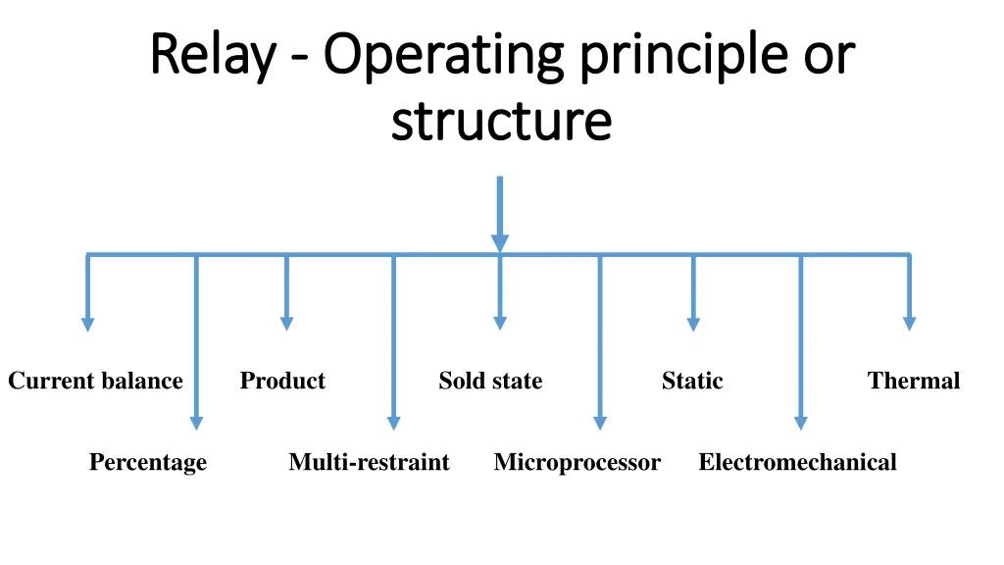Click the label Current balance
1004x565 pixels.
pyautogui.click(x=95, y=381)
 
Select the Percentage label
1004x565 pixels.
pyautogui.click(x=148, y=462)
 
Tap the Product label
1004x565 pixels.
pyautogui.click(x=282, y=381)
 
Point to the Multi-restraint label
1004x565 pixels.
pyautogui.click(x=369, y=462)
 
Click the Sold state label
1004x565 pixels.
pyautogui.click(x=490, y=381)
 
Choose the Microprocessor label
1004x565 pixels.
pyautogui.click(x=577, y=462)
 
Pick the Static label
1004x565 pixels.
pyautogui.click(x=692, y=381)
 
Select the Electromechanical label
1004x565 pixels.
pyautogui.click(x=797, y=462)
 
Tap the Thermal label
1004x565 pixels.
pyautogui.click(x=914, y=381)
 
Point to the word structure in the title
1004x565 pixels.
pyautogui.click(x=501, y=122)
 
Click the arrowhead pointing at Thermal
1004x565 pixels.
pyautogui.click(x=909, y=323)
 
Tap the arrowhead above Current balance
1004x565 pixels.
pyautogui.click(x=88, y=323)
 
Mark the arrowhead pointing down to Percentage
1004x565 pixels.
pyautogui.click(x=196, y=423)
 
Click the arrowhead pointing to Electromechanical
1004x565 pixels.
pyautogui.click(x=800, y=423)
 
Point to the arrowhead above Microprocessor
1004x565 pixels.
pyautogui.click(x=600, y=423)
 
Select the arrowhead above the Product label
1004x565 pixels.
pyautogui.click(x=286, y=323)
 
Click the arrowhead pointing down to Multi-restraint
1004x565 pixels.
pyautogui.click(x=393, y=423)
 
